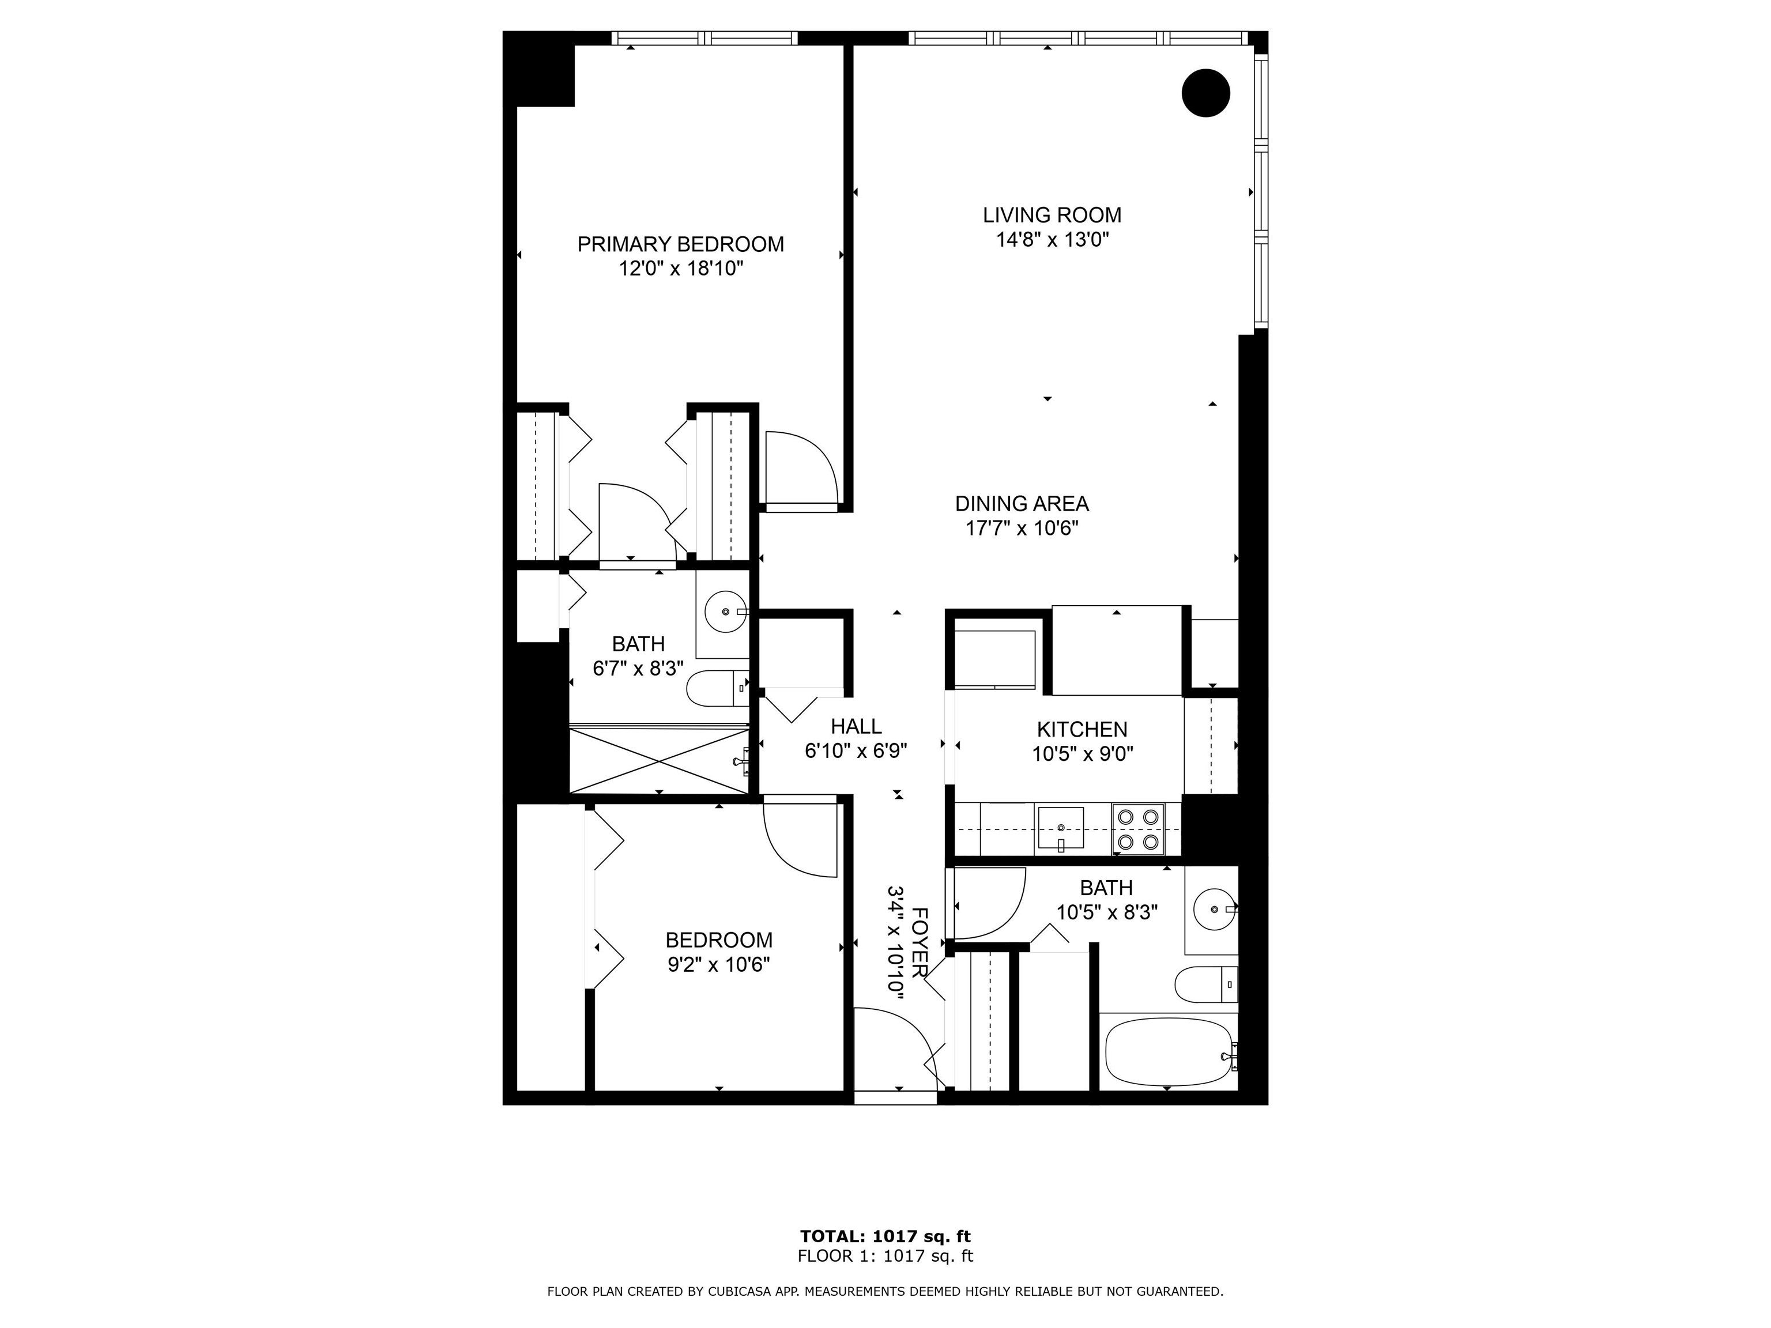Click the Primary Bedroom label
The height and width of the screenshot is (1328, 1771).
coord(680,244)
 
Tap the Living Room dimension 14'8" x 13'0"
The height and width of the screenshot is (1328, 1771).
coord(1052,239)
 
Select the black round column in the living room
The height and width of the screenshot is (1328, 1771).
coord(1206,93)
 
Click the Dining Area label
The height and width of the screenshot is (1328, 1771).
coord(1022,504)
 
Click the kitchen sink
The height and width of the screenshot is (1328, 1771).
coord(1061,828)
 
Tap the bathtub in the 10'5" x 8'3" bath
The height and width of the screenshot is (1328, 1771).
coord(1169,1052)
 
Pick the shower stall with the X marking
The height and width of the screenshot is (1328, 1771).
coord(659,759)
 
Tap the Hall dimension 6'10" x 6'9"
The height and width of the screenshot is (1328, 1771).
coord(856,751)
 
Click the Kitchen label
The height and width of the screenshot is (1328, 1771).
coord(1083,729)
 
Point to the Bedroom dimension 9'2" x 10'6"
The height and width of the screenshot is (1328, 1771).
coord(719,964)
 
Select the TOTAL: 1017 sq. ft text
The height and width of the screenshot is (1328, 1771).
coord(885,1237)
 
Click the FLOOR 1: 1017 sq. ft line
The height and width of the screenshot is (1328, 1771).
coord(885,1256)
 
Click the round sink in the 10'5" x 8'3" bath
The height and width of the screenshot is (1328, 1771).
coord(1215,910)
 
